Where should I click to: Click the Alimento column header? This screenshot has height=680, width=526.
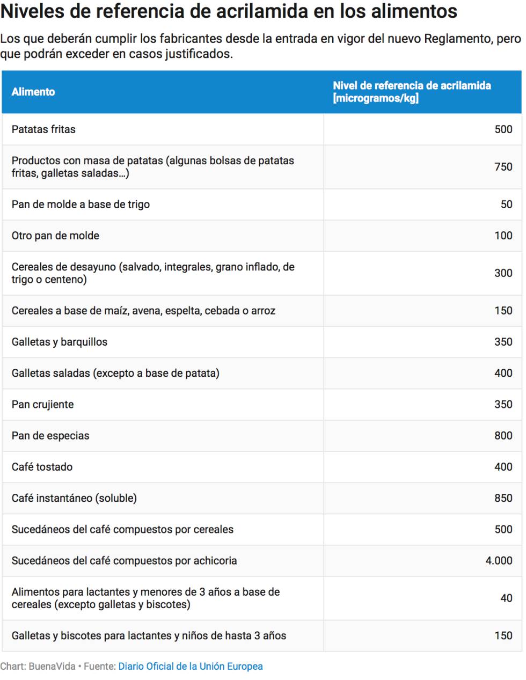click(33, 92)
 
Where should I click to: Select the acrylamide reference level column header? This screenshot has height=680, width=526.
click(412, 92)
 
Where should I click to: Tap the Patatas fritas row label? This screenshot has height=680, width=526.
click(43, 129)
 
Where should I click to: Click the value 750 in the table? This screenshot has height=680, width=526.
click(503, 167)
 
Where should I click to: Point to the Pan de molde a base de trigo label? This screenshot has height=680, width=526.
click(81, 204)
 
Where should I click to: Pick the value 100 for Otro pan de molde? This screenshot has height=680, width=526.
click(503, 236)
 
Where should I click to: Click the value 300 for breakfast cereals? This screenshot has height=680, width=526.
click(503, 273)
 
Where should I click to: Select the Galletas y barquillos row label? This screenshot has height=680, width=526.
click(60, 342)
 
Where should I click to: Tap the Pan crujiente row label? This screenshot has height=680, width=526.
click(42, 405)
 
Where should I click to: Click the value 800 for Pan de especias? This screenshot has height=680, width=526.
click(503, 436)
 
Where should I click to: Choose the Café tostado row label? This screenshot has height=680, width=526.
click(42, 467)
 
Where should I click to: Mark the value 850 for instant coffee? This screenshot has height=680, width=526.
click(503, 498)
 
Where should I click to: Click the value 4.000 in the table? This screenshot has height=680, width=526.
click(499, 561)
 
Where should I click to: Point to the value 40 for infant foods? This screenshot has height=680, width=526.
click(506, 598)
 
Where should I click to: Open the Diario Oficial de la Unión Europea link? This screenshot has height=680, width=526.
click(191, 667)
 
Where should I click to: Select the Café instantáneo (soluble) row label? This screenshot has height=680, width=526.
click(74, 498)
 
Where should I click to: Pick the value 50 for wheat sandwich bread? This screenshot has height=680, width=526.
click(506, 204)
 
